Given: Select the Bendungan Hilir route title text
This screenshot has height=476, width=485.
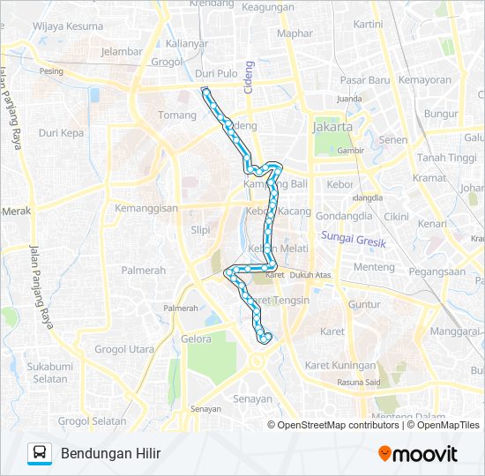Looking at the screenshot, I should [111, 454].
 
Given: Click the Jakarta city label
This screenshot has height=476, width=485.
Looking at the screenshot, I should [332, 127].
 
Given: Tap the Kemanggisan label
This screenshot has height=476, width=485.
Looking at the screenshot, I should [146, 209].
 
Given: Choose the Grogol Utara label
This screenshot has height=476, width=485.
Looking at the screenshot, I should [123, 349].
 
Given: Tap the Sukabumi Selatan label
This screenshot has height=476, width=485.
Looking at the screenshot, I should [47, 373].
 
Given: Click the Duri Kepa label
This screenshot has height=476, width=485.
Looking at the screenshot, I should [61, 133].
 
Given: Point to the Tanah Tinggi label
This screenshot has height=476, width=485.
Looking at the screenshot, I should [446, 158].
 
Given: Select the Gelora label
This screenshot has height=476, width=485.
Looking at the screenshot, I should [196, 338].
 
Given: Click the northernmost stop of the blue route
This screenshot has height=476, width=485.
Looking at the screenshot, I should [205, 91].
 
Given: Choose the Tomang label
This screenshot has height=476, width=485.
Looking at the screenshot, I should [176, 115].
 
